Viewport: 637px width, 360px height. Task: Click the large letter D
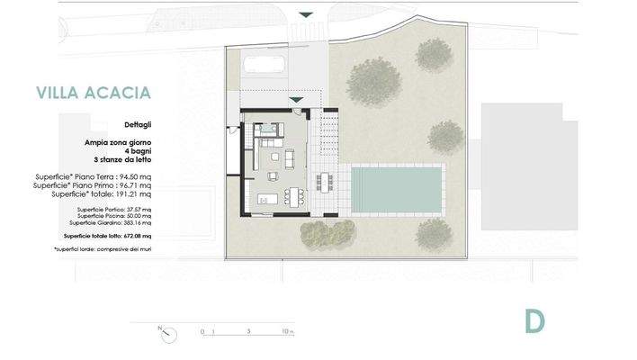point(535,319)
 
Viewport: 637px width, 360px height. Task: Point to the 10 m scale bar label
point(286,332)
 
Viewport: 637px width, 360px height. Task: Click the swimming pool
point(396,188)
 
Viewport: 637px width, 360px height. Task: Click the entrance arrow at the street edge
point(306,14)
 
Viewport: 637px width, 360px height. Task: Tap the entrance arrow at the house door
point(295,99)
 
